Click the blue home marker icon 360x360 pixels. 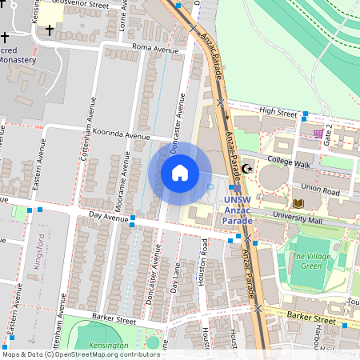coord(180,173)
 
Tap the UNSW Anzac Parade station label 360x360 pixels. coord(237,210)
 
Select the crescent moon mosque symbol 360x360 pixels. coord(248,169)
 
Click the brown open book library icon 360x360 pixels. coord(298,204)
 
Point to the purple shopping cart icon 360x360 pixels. coord(318,133)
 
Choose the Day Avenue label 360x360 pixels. coord(108,217)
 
